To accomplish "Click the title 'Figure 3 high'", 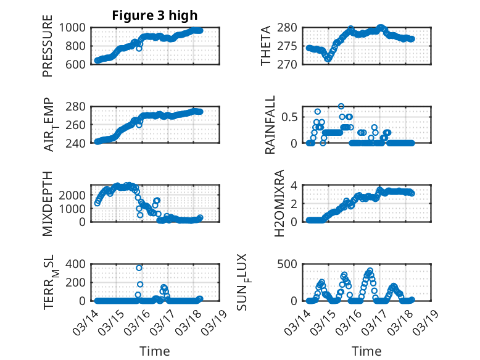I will (x=155, y=15).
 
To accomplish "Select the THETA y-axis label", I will (x=266, y=46).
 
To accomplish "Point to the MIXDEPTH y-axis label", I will (x=48, y=203).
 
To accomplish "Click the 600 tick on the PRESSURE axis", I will (x=78, y=64).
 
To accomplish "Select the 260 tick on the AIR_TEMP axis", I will (x=78, y=125).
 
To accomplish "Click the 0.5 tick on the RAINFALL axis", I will (x=292, y=117).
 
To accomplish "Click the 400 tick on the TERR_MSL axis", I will (x=78, y=264).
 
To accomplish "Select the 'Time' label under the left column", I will (x=155, y=351).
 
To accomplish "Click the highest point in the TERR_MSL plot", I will (x=139, y=267).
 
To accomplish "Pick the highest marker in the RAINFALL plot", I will (x=341, y=106).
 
